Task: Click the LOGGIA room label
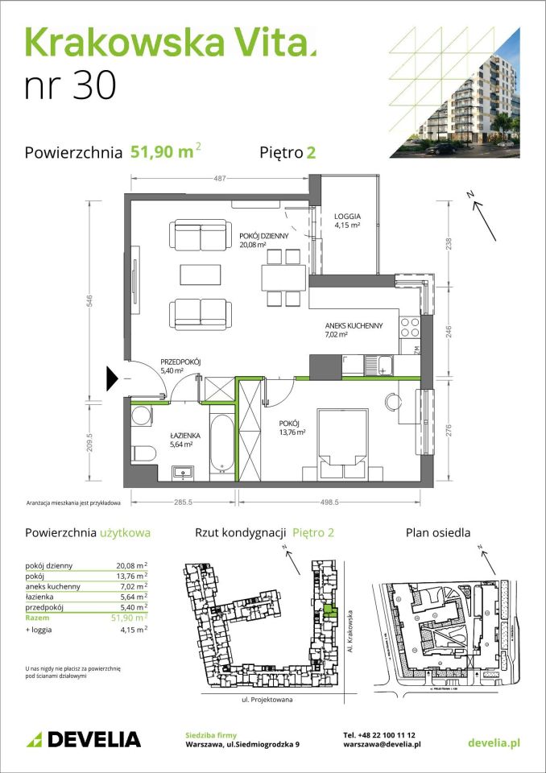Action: [348, 217]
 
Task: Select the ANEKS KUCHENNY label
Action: [354, 326]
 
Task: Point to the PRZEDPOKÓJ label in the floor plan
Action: [157, 362]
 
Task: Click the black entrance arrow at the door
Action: [113, 376]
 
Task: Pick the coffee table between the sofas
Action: [201, 275]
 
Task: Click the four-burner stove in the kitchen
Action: [408, 326]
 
